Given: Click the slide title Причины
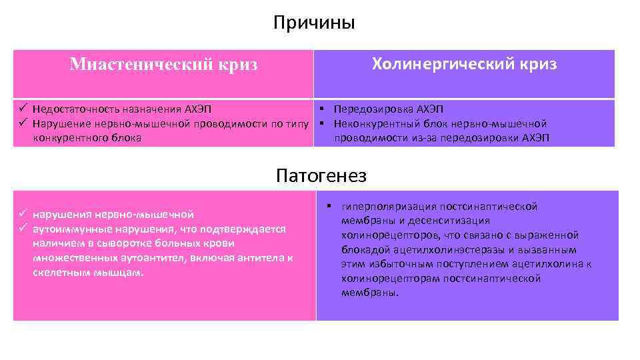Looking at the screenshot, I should (314, 23).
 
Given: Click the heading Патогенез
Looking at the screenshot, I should (321, 175).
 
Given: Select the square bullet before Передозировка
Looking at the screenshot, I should (321, 109).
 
